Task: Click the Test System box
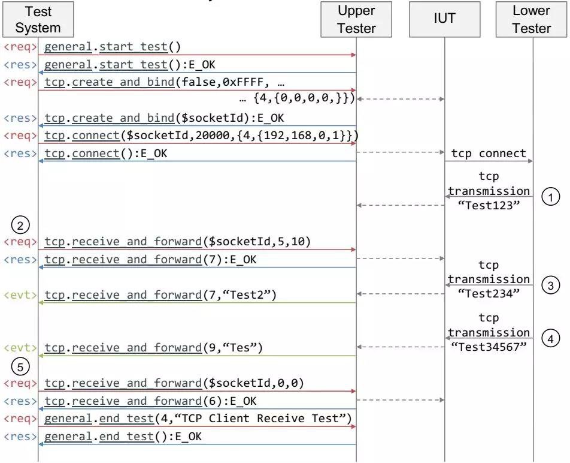(38, 19)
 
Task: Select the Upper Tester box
(356, 19)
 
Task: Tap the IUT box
(445, 19)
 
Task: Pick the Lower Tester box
(532, 19)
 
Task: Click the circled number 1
(551, 197)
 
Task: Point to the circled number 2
(20, 225)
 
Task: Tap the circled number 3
(551, 285)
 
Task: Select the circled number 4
(551, 338)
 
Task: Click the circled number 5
(20, 366)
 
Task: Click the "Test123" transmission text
(489, 205)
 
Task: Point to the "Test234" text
(489, 293)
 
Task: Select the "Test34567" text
(489, 347)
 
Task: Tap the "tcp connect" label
(489, 154)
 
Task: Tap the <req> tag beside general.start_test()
(20, 47)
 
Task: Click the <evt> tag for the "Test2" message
(20, 295)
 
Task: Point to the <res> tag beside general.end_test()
(20, 437)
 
